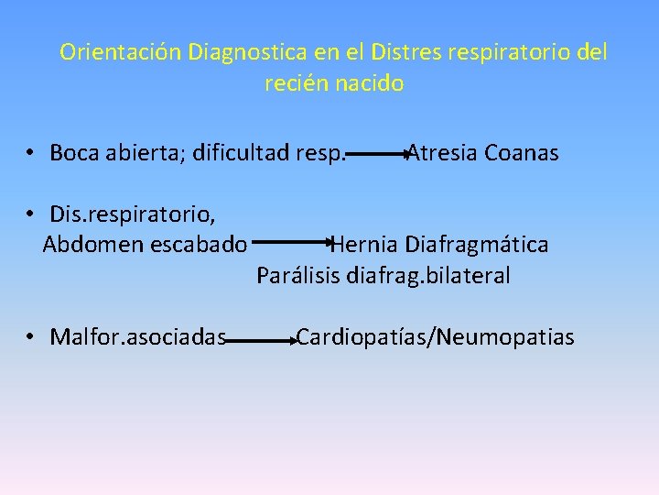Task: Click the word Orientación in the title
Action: pos(121,51)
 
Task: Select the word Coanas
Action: pos(522,152)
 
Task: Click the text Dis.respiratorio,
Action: pos(134,214)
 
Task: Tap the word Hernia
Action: pos(365,245)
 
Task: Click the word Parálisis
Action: pos(298,275)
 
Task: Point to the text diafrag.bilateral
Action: pos(428,275)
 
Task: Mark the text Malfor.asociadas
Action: pos(138,337)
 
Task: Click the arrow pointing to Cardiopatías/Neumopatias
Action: pos(261,341)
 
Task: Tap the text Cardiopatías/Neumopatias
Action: pos(436,337)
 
